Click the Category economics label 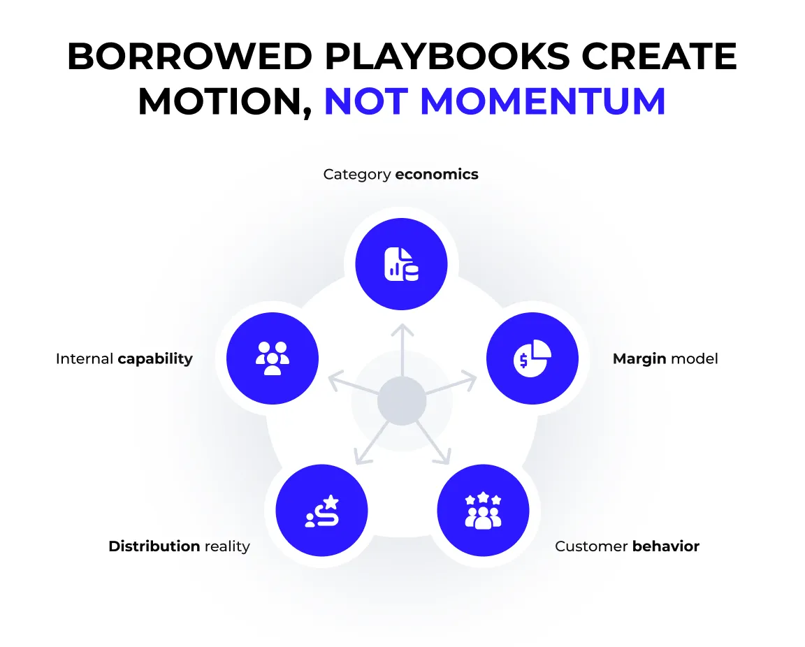[x=400, y=174]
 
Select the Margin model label [x=665, y=359]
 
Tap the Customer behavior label [x=627, y=546]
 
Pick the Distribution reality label [x=179, y=546]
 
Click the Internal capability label [x=124, y=359]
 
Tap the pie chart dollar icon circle [x=532, y=359]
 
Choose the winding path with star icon [x=322, y=511]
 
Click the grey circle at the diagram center [x=402, y=401]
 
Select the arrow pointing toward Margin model [x=454, y=384]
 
